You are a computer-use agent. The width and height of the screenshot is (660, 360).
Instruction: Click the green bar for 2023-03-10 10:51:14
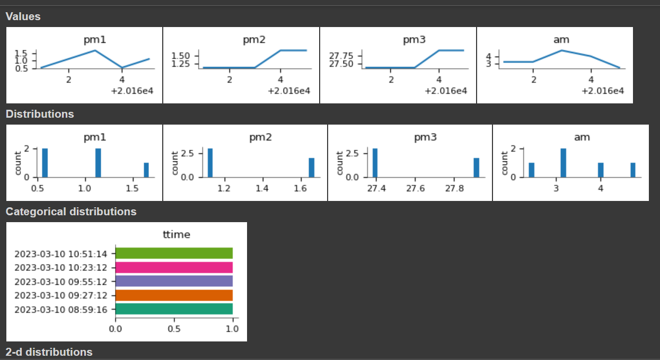click(x=174, y=253)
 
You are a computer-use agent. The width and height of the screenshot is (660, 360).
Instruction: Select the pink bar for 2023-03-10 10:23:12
click(x=174, y=267)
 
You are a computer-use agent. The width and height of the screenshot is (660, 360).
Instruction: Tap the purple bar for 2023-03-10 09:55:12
click(x=174, y=281)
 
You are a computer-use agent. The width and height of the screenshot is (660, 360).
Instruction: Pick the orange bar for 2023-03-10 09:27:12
click(x=174, y=295)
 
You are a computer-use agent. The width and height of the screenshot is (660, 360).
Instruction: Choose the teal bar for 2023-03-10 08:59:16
click(x=174, y=309)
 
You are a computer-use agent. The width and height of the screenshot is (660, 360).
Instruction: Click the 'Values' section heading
click(x=23, y=16)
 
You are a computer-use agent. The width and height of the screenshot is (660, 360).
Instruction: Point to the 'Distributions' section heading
click(x=40, y=114)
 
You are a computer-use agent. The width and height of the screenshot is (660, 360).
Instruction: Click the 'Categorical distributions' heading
click(x=71, y=212)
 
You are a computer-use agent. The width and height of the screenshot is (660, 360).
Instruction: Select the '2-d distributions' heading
click(x=49, y=352)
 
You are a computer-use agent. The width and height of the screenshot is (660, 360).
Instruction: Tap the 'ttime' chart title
click(x=176, y=234)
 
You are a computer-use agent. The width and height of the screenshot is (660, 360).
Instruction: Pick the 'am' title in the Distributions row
click(x=582, y=137)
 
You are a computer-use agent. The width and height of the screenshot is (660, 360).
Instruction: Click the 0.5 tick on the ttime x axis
click(x=174, y=329)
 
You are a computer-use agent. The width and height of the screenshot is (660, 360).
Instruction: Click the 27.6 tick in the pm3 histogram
click(x=415, y=188)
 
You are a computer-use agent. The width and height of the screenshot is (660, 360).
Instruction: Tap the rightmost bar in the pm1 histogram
click(x=146, y=170)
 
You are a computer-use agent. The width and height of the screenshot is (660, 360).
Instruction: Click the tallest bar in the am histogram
click(x=564, y=163)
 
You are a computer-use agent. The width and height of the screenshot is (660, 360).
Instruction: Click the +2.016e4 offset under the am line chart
click(x=603, y=91)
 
